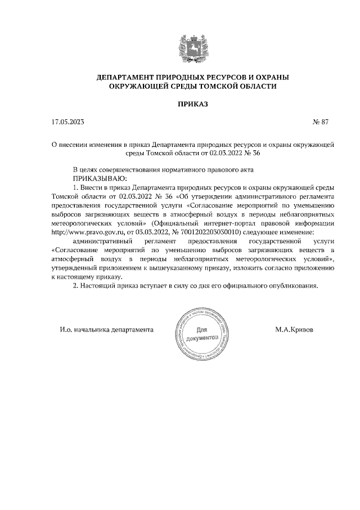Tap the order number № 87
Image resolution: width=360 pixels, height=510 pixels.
pyautogui.click(x=320, y=122)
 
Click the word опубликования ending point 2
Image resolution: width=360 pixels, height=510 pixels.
pyautogui.click(x=293, y=285)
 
